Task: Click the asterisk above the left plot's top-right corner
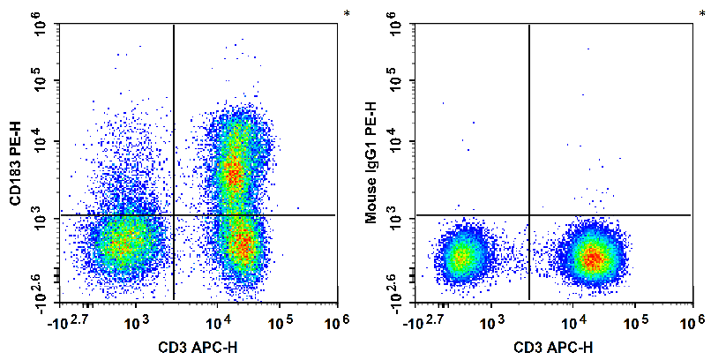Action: pos(347,14)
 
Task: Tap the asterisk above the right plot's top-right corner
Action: pos(702,14)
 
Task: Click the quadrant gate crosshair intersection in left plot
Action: pos(174,214)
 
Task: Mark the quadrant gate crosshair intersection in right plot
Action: pos(528,214)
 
